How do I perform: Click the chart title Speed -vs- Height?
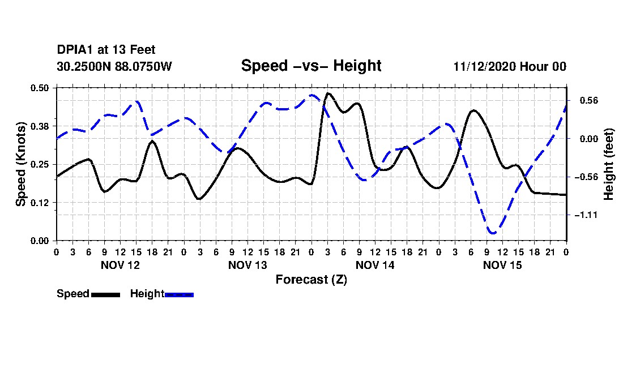tap(311, 66)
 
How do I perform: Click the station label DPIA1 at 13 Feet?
tap(106, 50)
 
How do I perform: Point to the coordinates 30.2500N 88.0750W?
tap(114, 66)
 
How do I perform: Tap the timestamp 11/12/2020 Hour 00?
tap(510, 66)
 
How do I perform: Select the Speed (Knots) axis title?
tap(20, 164)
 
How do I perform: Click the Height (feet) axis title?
tap(608, 164)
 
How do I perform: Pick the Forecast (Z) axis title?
tap(311, 280)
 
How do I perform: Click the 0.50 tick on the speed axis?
tap(39, 88)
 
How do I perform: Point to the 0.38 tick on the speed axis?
tap(39, 126)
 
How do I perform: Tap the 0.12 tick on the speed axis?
tap(39, 203)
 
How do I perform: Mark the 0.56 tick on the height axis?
tap(589, 100)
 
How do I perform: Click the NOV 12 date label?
tap(121, 265)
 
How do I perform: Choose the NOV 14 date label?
tap(375, 265)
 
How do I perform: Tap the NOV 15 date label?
tap(502, 265)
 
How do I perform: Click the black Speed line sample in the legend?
tap(106, 294)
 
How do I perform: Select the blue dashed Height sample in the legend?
tap(179, 294)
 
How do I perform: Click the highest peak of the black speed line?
tap(328, 93)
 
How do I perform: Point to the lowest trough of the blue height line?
tap(493, 233)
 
